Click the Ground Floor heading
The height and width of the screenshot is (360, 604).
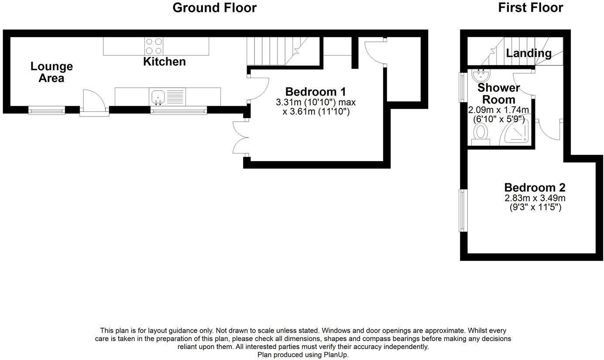click(214, 8)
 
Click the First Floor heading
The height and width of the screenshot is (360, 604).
click(530, 8)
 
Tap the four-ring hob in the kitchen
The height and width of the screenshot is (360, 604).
click(154, 46)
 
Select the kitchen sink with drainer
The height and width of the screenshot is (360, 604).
click(168, 96)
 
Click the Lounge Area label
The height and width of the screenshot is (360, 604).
click(51, 72)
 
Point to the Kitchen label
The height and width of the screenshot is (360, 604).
click(165, 62)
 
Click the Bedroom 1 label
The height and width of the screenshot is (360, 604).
click(315, 92)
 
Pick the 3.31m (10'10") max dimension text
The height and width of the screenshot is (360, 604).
click(316, 103)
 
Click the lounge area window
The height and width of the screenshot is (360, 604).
click(47, 111)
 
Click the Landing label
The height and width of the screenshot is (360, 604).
click(528, 53)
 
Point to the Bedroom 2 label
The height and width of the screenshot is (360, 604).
click(535, 188)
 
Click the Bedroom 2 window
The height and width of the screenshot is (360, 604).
click(463, 210)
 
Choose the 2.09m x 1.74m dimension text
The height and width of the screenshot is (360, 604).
click(498, 110)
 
